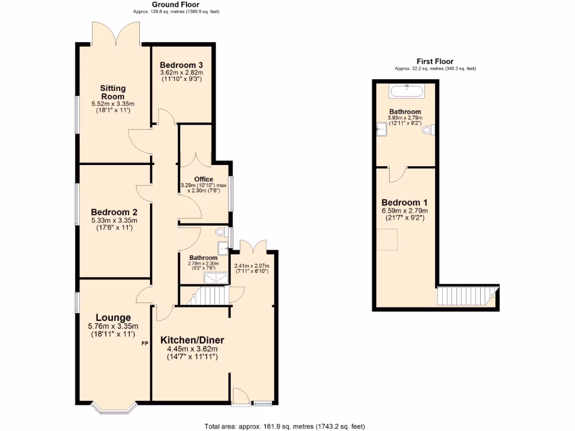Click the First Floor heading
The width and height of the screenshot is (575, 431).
point(435,62)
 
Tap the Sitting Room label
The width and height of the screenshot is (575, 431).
point(113,92)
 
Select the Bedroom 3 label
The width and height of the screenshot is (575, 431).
point(181,65)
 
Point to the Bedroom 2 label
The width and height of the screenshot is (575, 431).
point(114,212)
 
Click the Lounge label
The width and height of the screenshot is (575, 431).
point(113,318)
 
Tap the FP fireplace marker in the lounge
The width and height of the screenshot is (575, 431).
point(144,343)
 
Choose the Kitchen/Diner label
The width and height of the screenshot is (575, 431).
point(192,340)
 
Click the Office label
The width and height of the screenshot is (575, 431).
point(203,180)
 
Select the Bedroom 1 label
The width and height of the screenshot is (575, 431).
point(404,203)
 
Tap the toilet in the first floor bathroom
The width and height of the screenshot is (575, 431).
point(428,130)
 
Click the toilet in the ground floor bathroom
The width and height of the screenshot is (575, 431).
point(220,231)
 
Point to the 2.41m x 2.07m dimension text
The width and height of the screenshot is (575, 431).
point(252,268)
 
